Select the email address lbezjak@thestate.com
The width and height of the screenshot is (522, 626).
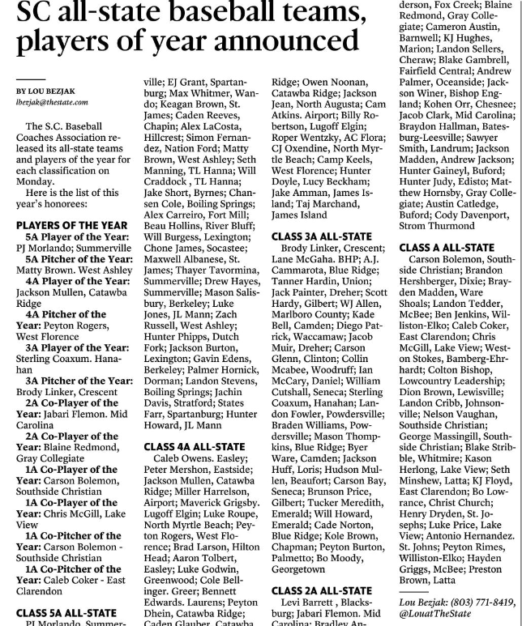click(52, 103)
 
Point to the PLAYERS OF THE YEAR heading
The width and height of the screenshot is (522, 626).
click(71, 224)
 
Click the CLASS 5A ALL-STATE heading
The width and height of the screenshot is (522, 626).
click(66, 613)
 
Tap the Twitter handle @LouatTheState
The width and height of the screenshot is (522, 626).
click(441, 614)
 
